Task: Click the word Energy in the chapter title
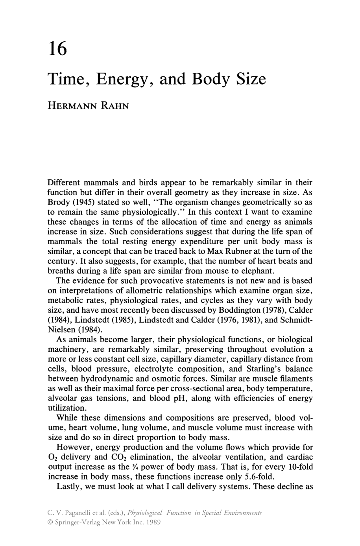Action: point(124,79)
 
